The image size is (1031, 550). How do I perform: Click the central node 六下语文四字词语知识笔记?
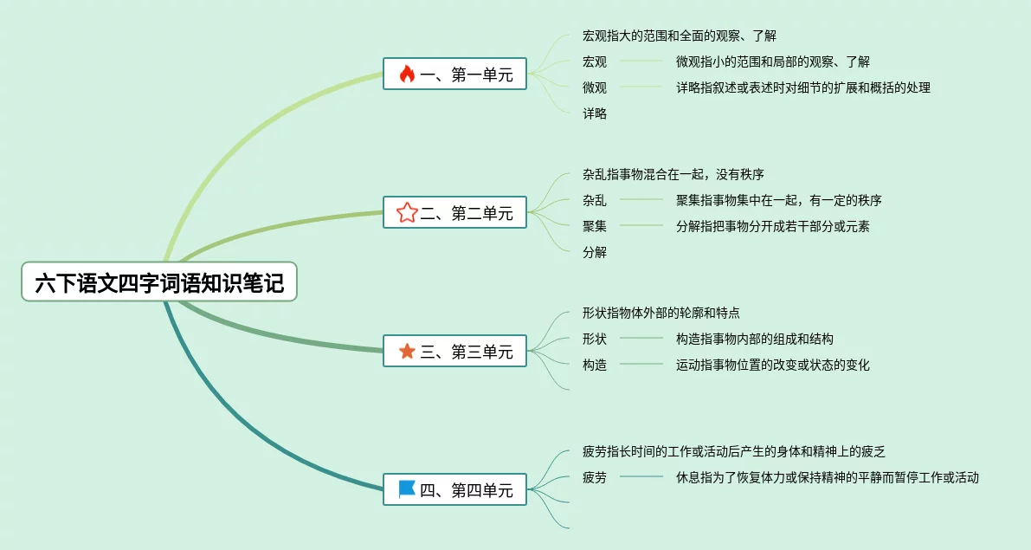[x=159, y=282]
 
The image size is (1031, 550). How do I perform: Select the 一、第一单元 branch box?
[x=454, y=74]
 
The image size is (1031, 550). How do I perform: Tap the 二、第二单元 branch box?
[x=454, y=213]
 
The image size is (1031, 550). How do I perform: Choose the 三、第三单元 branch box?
[x=454, y=352]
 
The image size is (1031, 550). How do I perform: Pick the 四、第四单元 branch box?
[x=454, y=490]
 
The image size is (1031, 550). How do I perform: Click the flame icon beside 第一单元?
[x=407, y=74]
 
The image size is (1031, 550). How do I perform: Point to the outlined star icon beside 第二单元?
[x=407, y=213]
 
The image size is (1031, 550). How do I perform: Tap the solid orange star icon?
[x=407, y=352]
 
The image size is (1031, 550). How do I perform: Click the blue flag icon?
[x=407, y=490]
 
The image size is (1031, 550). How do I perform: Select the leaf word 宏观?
[x=595, y=61]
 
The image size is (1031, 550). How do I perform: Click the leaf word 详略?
[x=595, y=113]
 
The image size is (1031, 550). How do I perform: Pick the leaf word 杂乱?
[x=595, y=200]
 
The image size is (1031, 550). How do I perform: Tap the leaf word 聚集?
[x=595, y=226]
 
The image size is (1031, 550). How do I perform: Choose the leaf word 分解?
[x=595, y=252]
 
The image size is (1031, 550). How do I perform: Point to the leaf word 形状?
[x=595, y=339]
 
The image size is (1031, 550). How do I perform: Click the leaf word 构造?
[x=595, y=365]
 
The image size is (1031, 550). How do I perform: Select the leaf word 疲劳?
[x=595, y=477]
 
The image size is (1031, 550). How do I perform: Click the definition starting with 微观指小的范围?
[x=772, y=61]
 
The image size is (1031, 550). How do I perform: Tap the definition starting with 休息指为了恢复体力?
[x=827, y=477]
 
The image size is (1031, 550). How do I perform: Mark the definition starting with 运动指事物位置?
[x=772, y=365]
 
